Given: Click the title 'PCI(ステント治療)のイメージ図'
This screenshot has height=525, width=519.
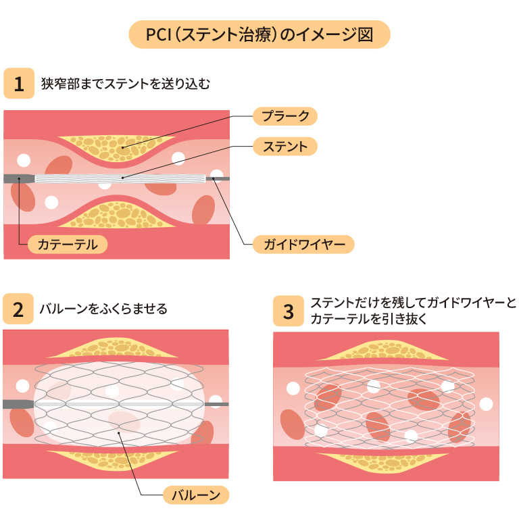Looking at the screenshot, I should pos(259,34).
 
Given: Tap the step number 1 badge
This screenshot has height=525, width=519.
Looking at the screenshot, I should pos(18,84).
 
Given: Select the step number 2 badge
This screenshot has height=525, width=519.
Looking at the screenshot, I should pos(18,309).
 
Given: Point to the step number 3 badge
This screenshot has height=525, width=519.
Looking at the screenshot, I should pos(289,311).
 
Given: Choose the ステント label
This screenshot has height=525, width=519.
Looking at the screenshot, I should pos(285,146).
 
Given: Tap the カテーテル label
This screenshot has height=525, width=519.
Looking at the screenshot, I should pos(68,245).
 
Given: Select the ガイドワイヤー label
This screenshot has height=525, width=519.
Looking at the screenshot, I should pos(303,245).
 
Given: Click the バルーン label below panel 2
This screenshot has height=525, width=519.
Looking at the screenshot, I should pos(197,495).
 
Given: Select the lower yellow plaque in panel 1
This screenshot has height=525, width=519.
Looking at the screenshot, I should pos(118,215).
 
